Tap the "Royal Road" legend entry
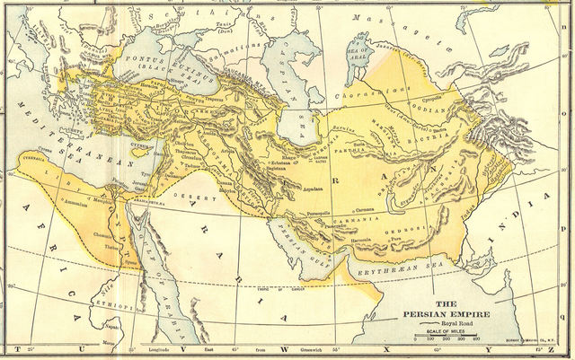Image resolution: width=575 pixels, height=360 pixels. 453,322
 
